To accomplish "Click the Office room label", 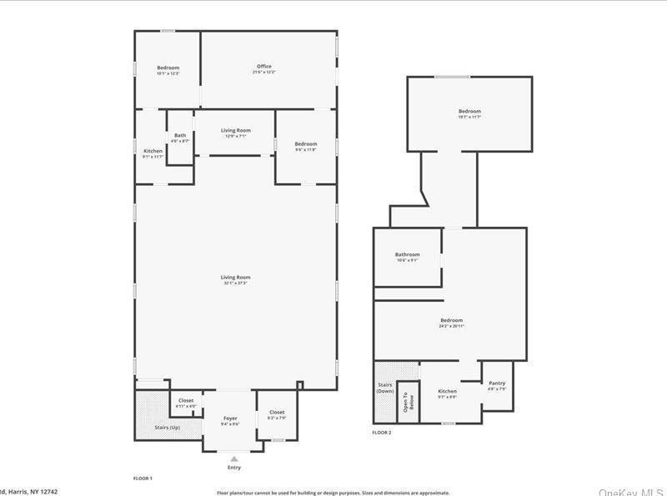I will point(263,67).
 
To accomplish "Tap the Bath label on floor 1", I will point(180,136).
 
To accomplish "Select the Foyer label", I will point(231,418).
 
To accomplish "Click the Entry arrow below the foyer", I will point(234,458).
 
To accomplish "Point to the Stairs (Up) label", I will point(168,427).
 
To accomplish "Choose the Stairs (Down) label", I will point(385,388).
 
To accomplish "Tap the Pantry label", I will point(497,383).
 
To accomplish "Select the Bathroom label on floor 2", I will point(408,255).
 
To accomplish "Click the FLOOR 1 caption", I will point(143,478).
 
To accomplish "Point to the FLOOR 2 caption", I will point(382,433).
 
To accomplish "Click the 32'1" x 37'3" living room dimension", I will point(235,283).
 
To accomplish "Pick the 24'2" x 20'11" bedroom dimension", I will point(452,326).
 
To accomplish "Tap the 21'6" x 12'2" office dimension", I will point(263,73).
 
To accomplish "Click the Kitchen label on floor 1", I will point(153,151).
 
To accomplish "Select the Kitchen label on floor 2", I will point(448,391).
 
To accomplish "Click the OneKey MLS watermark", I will point(631,492).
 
